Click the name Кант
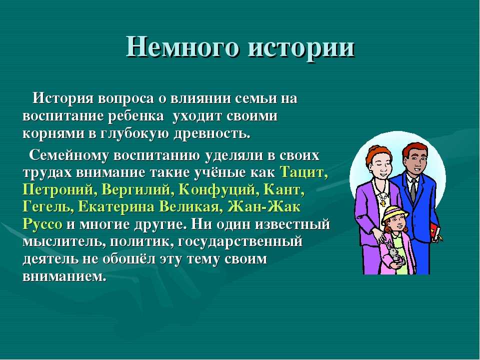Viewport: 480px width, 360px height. click(282, 190)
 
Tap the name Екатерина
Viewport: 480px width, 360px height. click(117, 207)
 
